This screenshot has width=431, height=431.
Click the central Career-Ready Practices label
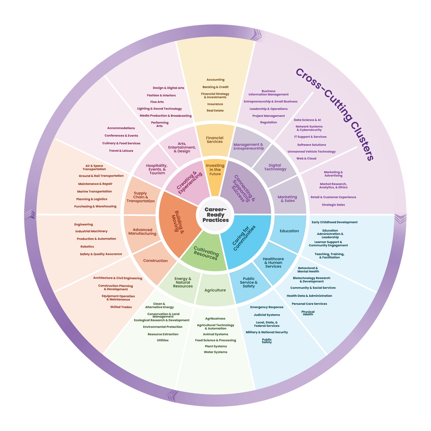(215, 215)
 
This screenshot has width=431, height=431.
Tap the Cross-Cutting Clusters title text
(334, 114)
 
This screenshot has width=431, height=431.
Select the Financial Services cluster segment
(215, 140)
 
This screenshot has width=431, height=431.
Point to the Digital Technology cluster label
(275, 167)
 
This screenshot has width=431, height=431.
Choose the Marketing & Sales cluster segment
(287, 199)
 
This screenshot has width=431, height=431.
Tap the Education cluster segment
(289, 231)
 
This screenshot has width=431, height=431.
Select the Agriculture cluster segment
(215, 290)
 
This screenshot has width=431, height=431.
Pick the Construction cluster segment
(155, 261)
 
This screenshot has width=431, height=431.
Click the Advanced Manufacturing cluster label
(142, 232)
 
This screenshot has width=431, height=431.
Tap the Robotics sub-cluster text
(87, 247)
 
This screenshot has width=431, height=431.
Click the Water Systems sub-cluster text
(215, 352)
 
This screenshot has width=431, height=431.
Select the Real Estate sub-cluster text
(215, 111)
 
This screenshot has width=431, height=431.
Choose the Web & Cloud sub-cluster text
(306, 158)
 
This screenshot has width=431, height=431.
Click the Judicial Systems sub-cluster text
(267, 315)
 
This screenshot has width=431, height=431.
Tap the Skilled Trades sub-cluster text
(121, 307)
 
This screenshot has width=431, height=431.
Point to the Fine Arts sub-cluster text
(157, 102)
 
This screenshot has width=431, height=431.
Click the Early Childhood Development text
(334, 222)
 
